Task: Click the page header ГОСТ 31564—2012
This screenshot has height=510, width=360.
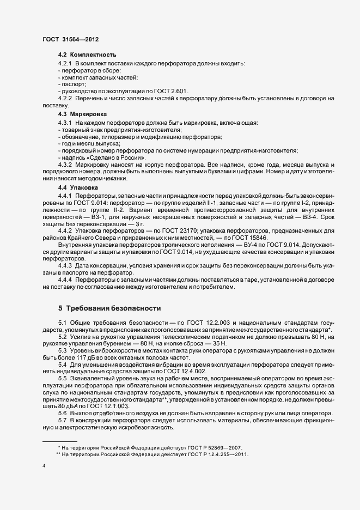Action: tap(70, 40)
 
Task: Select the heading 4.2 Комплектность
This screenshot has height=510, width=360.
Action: tap(87, 56)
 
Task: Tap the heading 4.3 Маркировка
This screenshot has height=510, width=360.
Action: tap(83, 114)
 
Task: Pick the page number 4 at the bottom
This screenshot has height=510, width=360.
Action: tap(44, 466)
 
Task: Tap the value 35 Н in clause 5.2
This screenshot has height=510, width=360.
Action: tap(219, 345)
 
